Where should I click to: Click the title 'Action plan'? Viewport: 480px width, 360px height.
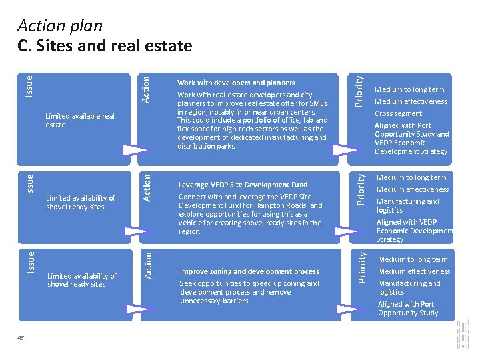click(60, 26)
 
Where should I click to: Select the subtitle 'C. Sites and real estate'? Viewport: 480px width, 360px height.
click(105, 46)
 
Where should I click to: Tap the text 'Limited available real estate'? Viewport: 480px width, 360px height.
click(79, 121)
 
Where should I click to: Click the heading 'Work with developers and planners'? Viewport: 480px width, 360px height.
click(236, 83)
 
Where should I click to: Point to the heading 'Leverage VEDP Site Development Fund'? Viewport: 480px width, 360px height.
click(243, 185)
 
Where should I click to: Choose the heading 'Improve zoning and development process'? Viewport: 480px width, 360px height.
click(249, 271)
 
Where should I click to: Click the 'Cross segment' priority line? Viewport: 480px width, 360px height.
click(398, 113)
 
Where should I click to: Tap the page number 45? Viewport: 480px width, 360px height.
click(21, 337)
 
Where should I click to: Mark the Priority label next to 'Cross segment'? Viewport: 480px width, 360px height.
click(359, 91)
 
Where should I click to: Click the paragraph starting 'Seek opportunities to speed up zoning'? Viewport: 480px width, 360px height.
click(249, 292)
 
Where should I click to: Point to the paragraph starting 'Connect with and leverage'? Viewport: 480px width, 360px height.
click(250, 214)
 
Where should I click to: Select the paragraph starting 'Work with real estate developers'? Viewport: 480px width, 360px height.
click(252, 121)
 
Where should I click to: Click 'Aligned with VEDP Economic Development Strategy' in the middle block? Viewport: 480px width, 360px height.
click(414, 231)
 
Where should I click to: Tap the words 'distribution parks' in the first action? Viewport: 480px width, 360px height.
click(206, 146)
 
